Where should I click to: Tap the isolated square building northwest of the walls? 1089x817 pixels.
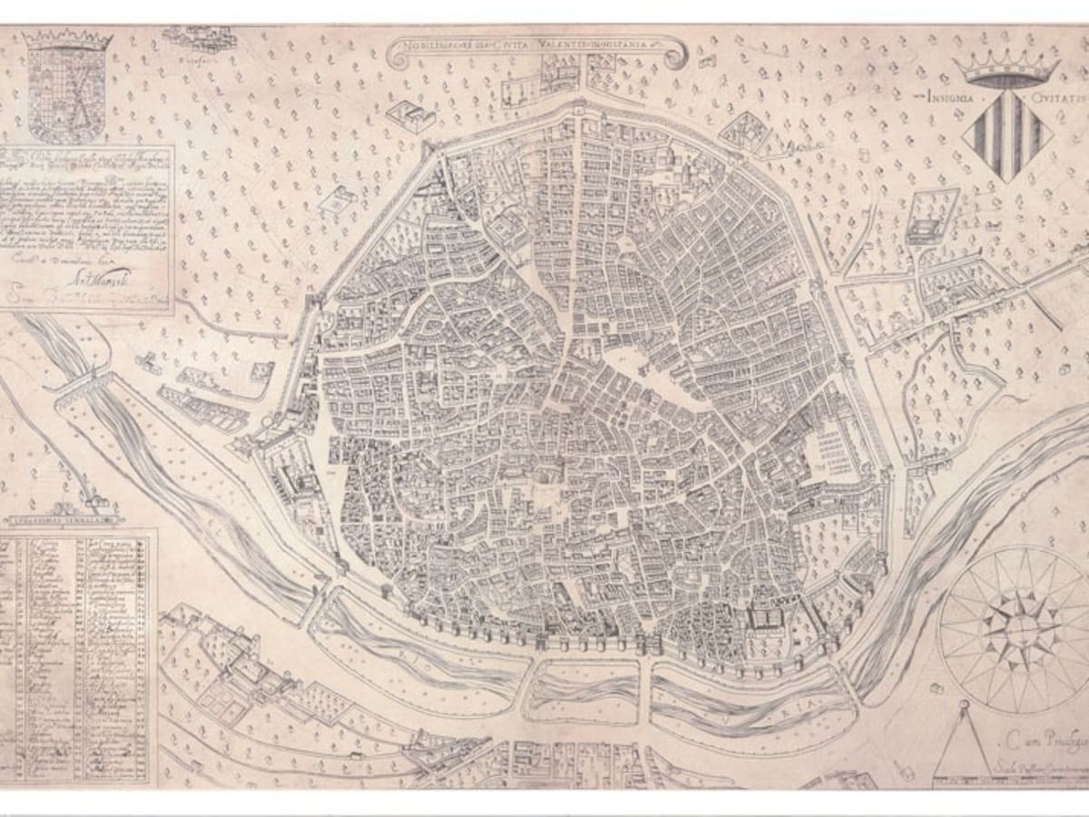click(x=411, y=115)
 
